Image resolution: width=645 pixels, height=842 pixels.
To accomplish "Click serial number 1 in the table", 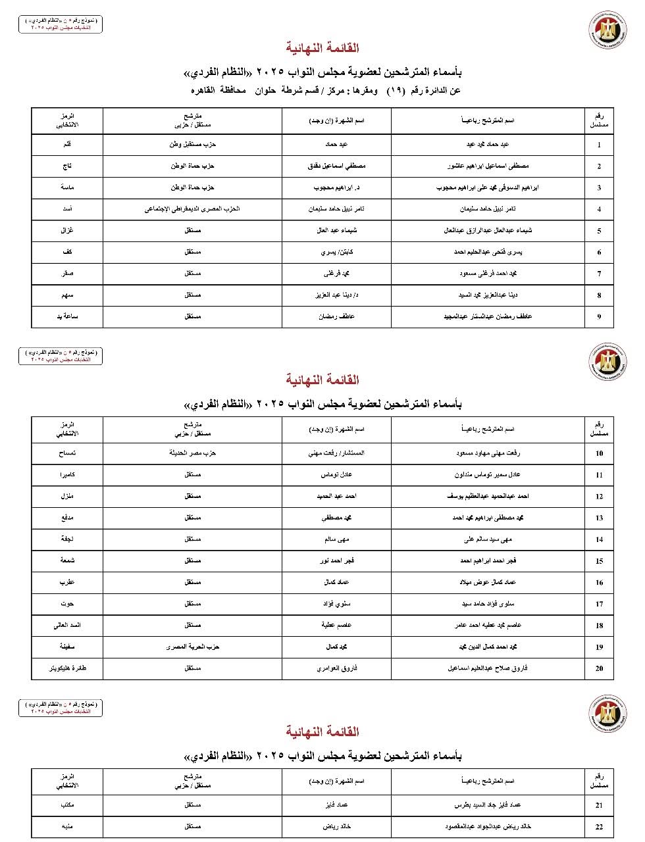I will (x=599, y=145).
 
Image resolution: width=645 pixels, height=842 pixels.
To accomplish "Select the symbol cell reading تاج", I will (x=67, y=166).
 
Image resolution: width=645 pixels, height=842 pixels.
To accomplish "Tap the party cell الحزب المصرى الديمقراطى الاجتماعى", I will (x=192, y=209).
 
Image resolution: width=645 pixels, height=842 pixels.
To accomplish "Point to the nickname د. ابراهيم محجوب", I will (x=336, y=187).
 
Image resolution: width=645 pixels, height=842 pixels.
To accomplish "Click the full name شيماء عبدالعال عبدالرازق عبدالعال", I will (x=488, y=231).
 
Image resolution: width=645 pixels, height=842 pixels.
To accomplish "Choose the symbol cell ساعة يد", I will (x=67, y=316).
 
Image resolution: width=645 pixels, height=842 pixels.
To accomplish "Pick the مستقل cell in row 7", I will (x=192, y=274).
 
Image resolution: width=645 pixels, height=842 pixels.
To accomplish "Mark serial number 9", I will (x=599, y=316).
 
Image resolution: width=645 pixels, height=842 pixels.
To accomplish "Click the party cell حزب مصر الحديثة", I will (x=192, y=453).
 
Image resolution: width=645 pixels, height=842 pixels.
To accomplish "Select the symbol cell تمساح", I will (x=67, y=453).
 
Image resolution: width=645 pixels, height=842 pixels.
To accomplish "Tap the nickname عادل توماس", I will (x=336, y=475).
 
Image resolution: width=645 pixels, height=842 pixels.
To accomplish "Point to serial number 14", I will (x=599, y=539).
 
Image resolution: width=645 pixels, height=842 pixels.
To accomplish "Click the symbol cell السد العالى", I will (x=67, y=626).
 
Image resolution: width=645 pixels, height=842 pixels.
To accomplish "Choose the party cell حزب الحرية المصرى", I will (x=192, y=647).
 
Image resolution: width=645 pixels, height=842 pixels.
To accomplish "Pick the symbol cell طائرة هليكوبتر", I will (x=67, y=668).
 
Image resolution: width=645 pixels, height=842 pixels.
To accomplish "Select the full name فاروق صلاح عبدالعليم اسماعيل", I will (x=488, y=668).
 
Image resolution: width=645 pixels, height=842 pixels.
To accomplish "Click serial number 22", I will (x=599, y=827).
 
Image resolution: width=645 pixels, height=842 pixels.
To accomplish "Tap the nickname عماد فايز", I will (x=336, y=805).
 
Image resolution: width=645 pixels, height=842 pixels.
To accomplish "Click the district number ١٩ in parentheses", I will (x=395, y=91).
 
